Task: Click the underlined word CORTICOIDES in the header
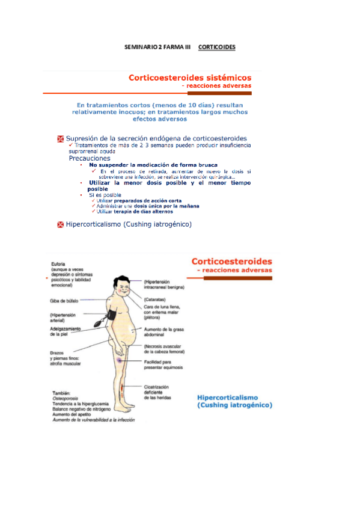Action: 216,46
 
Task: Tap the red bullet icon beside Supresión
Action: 60,139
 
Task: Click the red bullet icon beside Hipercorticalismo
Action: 60,225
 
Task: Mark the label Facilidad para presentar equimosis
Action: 163,364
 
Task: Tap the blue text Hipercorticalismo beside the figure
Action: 228,398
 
